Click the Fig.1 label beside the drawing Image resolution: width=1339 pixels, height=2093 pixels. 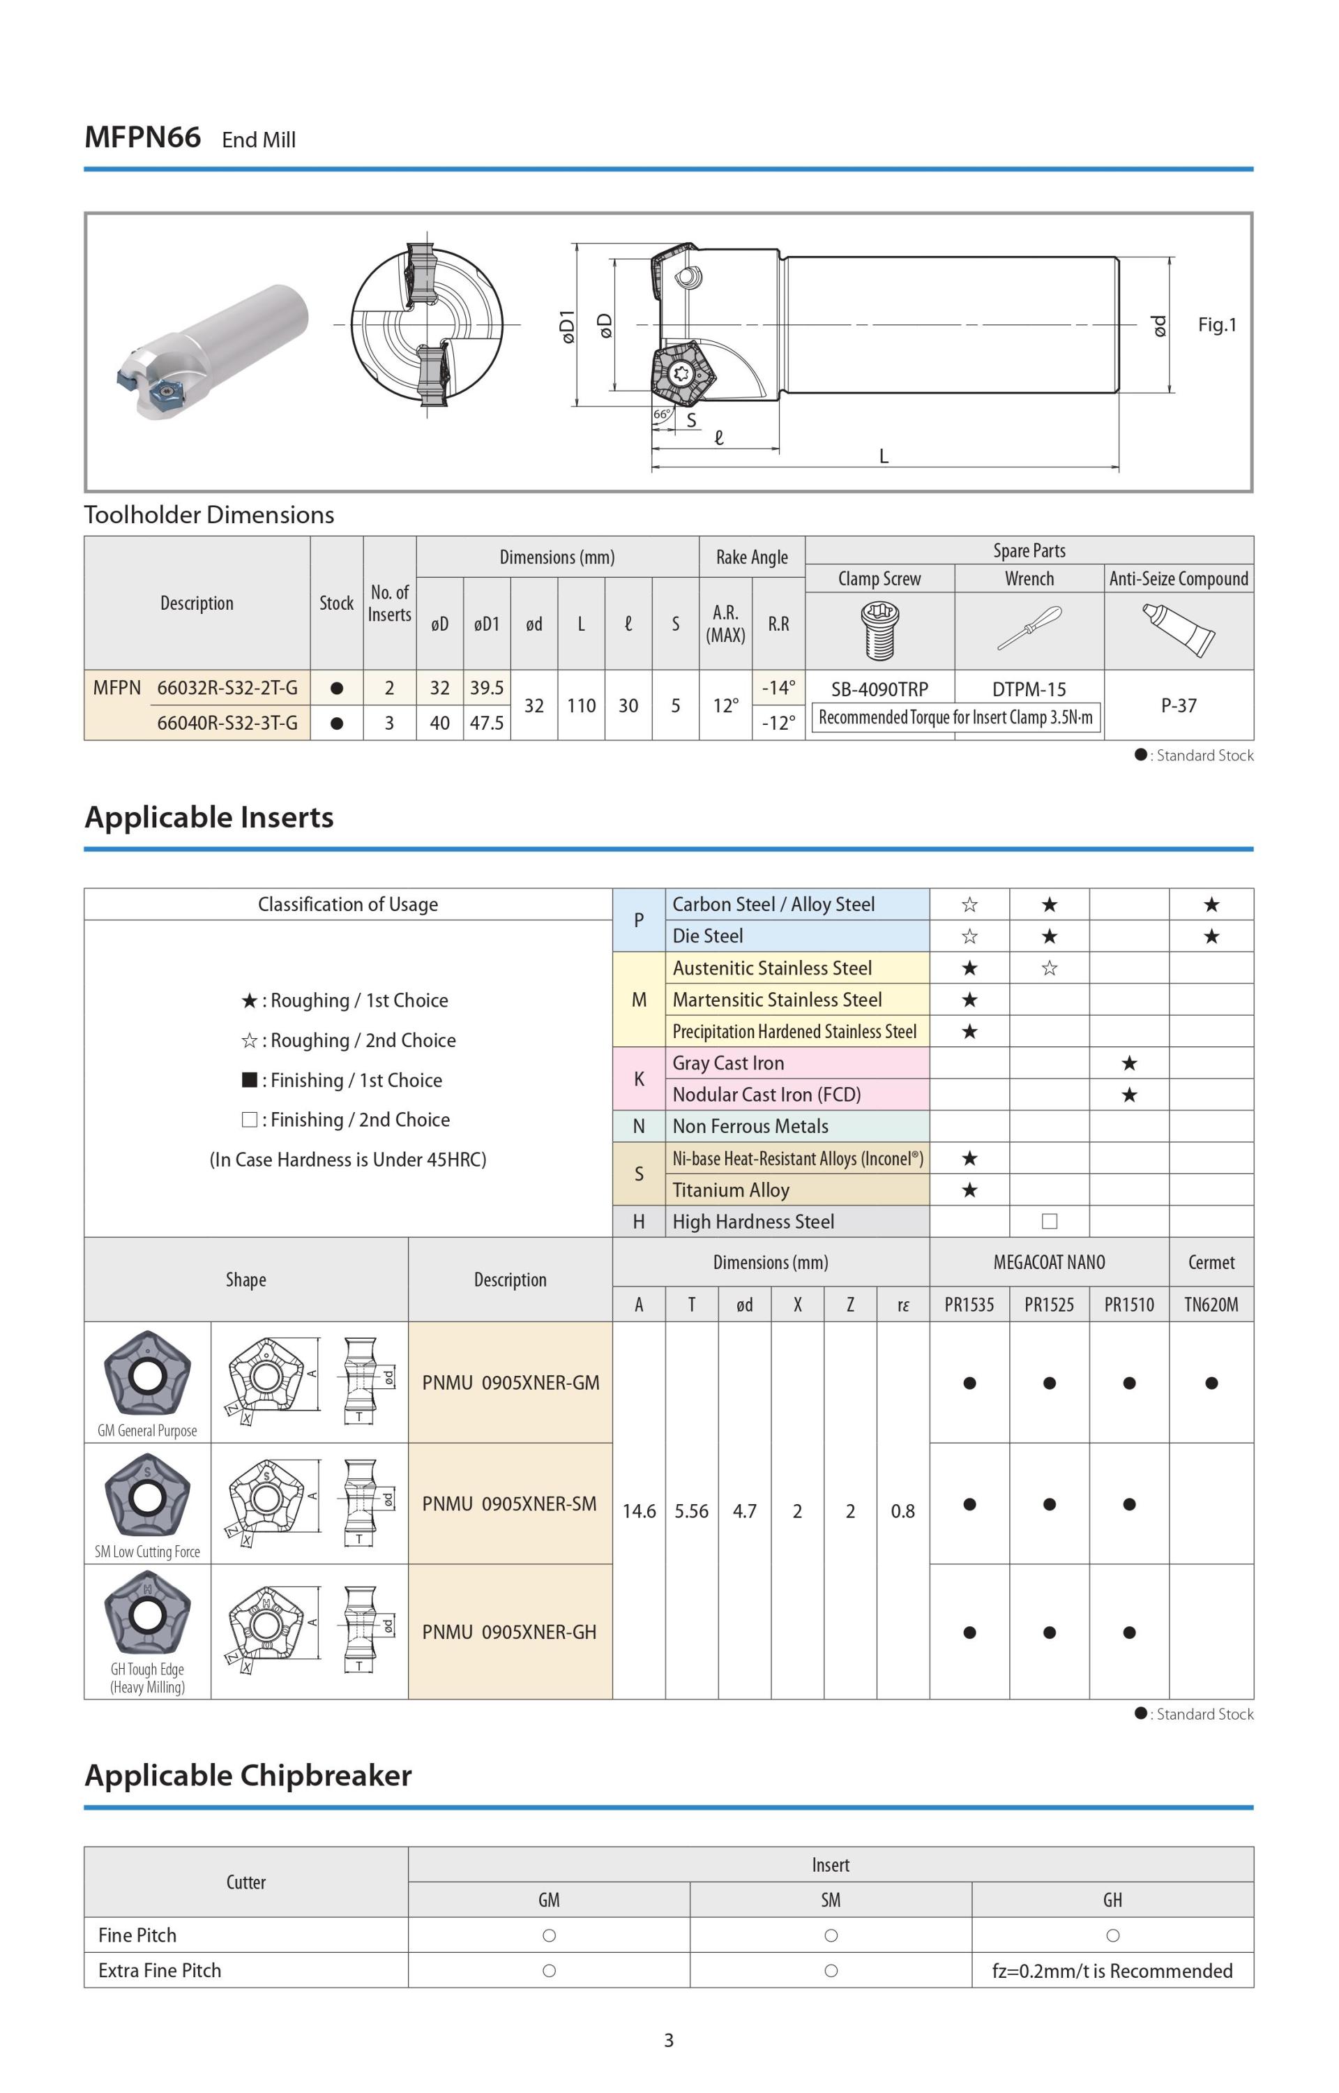tap(1216, 324)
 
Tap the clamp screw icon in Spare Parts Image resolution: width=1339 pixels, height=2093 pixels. tap(879, 631)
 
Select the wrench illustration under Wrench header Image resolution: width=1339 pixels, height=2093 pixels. tap(1029, 629)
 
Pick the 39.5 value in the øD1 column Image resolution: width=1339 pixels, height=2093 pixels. tap(487, 688)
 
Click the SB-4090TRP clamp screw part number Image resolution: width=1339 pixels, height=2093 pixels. tap(879, 689)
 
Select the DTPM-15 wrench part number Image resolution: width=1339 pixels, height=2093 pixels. tap(1029, 689)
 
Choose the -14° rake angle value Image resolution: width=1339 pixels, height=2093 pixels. tap(778, 688)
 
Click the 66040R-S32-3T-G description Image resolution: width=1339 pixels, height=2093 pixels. tap(227, 723)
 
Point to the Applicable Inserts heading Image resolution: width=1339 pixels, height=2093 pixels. tap(209, 818)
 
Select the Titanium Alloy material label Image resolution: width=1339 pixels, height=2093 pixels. tap(730, 1190)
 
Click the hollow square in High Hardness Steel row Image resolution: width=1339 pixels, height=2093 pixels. tap(1050, 1222)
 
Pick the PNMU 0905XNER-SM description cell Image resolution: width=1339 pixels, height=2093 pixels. tap(510, 1503)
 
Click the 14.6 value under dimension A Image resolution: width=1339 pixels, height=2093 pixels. tap(639, 1511)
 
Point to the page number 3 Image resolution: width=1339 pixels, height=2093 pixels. tap(669, 2040)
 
